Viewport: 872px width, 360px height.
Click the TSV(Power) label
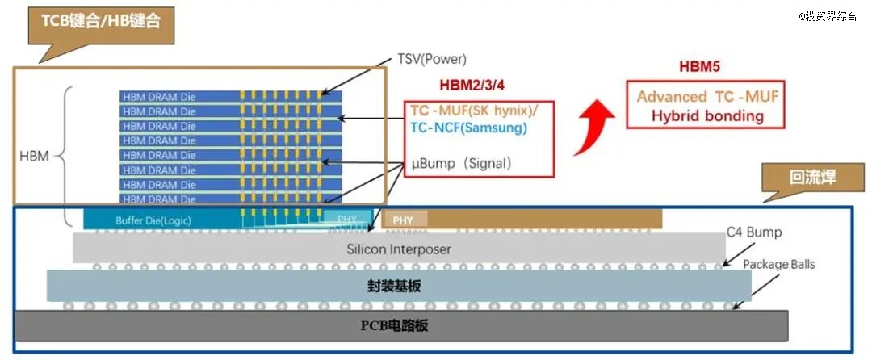431,59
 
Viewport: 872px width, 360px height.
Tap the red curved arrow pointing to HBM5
592,127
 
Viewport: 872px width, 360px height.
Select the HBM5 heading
699,67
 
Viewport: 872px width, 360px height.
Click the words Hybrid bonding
707,116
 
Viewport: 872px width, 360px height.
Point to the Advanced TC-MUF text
707,97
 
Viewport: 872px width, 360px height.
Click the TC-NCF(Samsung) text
468,128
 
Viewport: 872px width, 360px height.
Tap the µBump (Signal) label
461,163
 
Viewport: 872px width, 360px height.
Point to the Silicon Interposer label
399,249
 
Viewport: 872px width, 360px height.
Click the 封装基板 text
394,287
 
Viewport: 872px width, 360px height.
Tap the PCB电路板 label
394,325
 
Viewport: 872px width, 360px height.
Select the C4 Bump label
754,232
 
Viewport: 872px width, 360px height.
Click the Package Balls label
778,265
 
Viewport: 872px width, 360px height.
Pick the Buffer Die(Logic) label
153,220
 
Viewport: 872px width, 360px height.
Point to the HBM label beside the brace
34,157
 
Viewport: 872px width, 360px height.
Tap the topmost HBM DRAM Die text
160,97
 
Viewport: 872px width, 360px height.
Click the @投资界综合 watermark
828,16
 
